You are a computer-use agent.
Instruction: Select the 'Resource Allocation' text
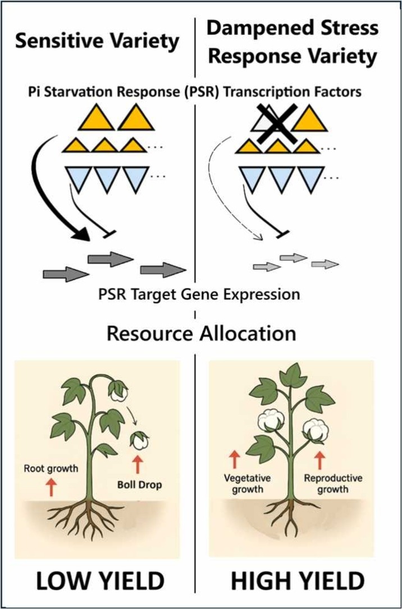(201, 334)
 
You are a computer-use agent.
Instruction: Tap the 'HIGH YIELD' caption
(298, 582)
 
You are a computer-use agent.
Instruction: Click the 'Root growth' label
(51, 469)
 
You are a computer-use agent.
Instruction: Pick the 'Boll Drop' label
(139, 485)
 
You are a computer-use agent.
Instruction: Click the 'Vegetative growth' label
(248, 483)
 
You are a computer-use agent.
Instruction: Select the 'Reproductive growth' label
(333, 483)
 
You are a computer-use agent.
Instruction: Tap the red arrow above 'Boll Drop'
(139, 465)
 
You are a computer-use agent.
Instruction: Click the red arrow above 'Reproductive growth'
(319, 459)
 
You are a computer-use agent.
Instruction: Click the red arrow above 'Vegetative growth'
(234, 459)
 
